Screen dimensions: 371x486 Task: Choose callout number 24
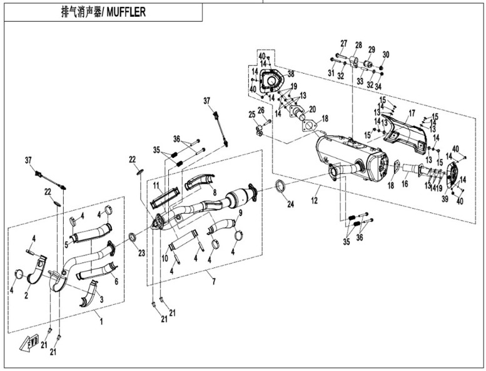click(290, 204)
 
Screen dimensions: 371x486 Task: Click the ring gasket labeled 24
click(282, 185)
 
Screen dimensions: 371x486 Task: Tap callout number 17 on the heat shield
click(412, 114)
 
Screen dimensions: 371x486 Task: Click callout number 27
click(343, 43)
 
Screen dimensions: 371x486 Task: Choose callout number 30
click(385, 54)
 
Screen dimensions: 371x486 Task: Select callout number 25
click(251, 114)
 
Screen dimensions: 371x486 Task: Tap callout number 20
click(311, 109)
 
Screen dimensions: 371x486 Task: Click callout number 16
click(405, 184)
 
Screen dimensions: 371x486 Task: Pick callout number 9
click(240, 213)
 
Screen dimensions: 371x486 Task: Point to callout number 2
click(26, 294)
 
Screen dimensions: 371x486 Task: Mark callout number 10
click(165, 257)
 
